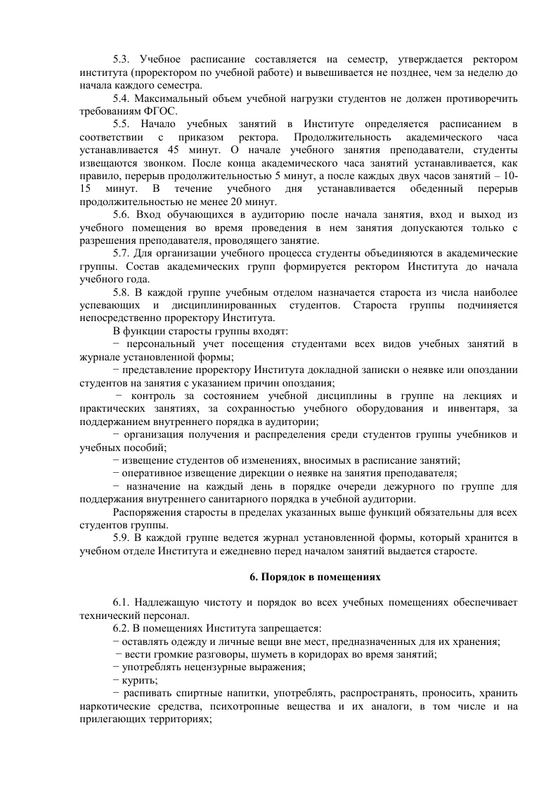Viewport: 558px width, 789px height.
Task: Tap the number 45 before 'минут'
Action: click(176, 150)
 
